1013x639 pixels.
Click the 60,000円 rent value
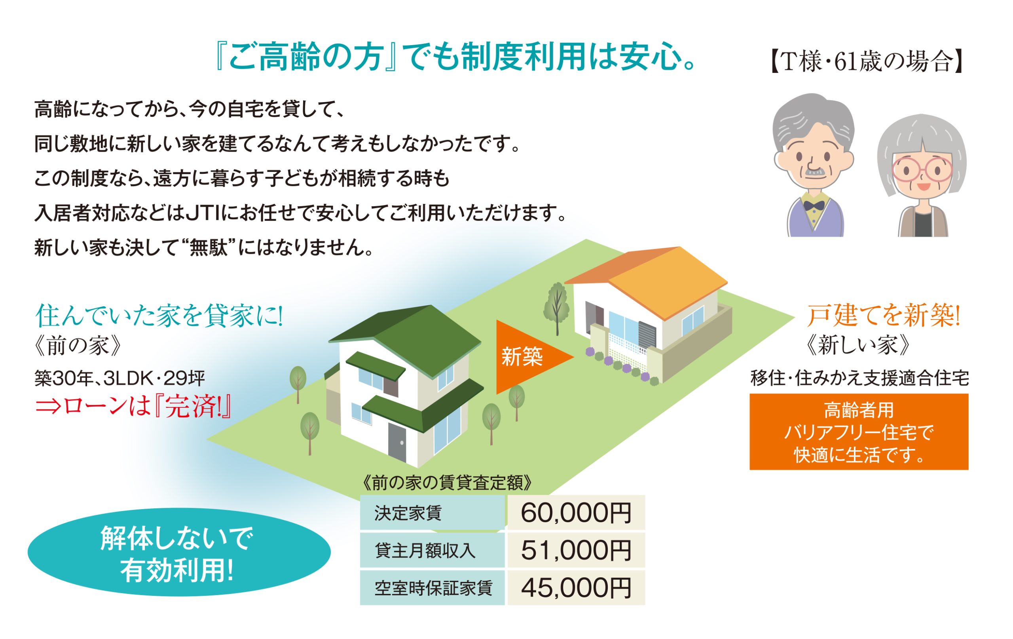point(576,513)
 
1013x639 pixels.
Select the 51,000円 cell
point(576,550)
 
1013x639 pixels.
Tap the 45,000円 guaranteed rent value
point(576,588)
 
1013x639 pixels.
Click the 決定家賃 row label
point(408,513)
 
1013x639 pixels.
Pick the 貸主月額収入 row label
point(425,551)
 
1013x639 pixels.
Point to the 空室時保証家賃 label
point(433,588)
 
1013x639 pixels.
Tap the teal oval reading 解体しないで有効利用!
point(179,552)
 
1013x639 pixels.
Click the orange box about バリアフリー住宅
point(859,432)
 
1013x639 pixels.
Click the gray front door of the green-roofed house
point(397,443)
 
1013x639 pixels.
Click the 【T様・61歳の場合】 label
point(867,62)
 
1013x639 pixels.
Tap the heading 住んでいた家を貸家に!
point(159,316)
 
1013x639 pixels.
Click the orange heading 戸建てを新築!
point(884,316)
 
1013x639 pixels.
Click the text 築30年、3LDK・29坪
point(120,378)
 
